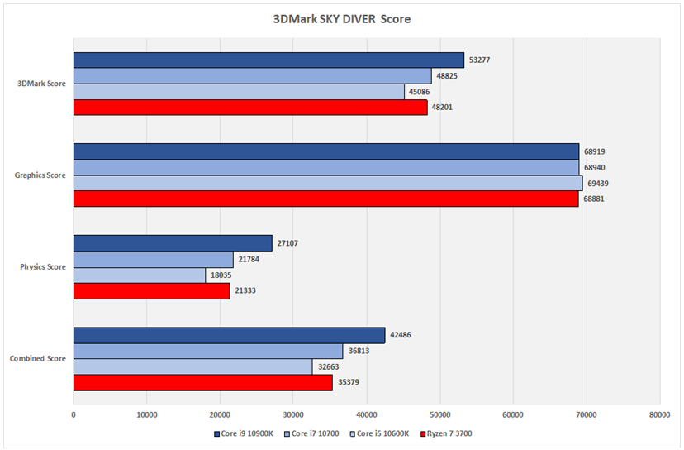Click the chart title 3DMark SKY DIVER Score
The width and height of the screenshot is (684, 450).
(341, 19)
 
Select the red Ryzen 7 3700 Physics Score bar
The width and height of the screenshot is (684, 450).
(152, 291)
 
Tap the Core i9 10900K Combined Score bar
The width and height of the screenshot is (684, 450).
(229, 336)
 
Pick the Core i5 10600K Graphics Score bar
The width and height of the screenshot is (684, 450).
(328, 183)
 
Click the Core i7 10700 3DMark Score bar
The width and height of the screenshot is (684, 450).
(253, 76)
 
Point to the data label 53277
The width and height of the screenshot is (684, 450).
(479, 60)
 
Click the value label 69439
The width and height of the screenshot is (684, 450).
(597, 184)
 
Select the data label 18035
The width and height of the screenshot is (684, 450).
(221, 275)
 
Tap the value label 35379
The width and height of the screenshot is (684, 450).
(349, 382)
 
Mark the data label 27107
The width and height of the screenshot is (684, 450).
(287, 243)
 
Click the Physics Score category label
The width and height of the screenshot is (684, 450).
(43, 267)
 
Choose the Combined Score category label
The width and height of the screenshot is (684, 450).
(38, 359)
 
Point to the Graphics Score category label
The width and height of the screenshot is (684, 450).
(40, 175)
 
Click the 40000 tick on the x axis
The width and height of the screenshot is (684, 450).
(367, 415)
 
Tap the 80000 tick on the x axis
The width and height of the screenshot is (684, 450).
(659, 415)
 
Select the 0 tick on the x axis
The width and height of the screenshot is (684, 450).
(74, 415)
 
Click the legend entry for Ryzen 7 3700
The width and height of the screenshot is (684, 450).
(446, 433)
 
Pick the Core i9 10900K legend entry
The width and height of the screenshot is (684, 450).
(244, 433)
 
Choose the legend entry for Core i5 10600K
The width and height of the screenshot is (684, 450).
(379, 433)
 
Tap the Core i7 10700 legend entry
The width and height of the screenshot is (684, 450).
(311, 433)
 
